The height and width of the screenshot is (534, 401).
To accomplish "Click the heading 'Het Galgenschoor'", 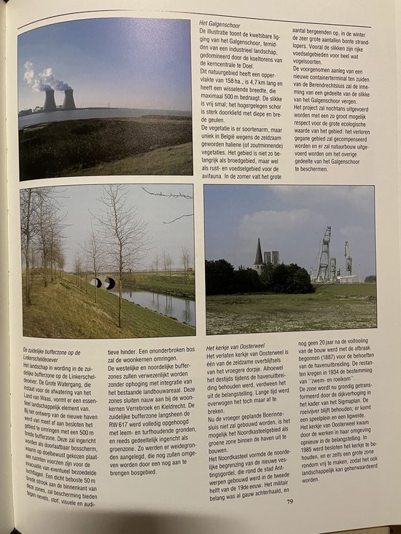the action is coord(222,24).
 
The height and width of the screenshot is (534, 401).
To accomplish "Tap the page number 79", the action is coord(289,500).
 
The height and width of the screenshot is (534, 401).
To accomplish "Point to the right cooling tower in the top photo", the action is coord(69,98).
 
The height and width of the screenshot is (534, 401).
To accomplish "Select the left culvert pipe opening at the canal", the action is coord(96,282).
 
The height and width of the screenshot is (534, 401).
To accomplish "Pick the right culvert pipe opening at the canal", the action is coord(109,283).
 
